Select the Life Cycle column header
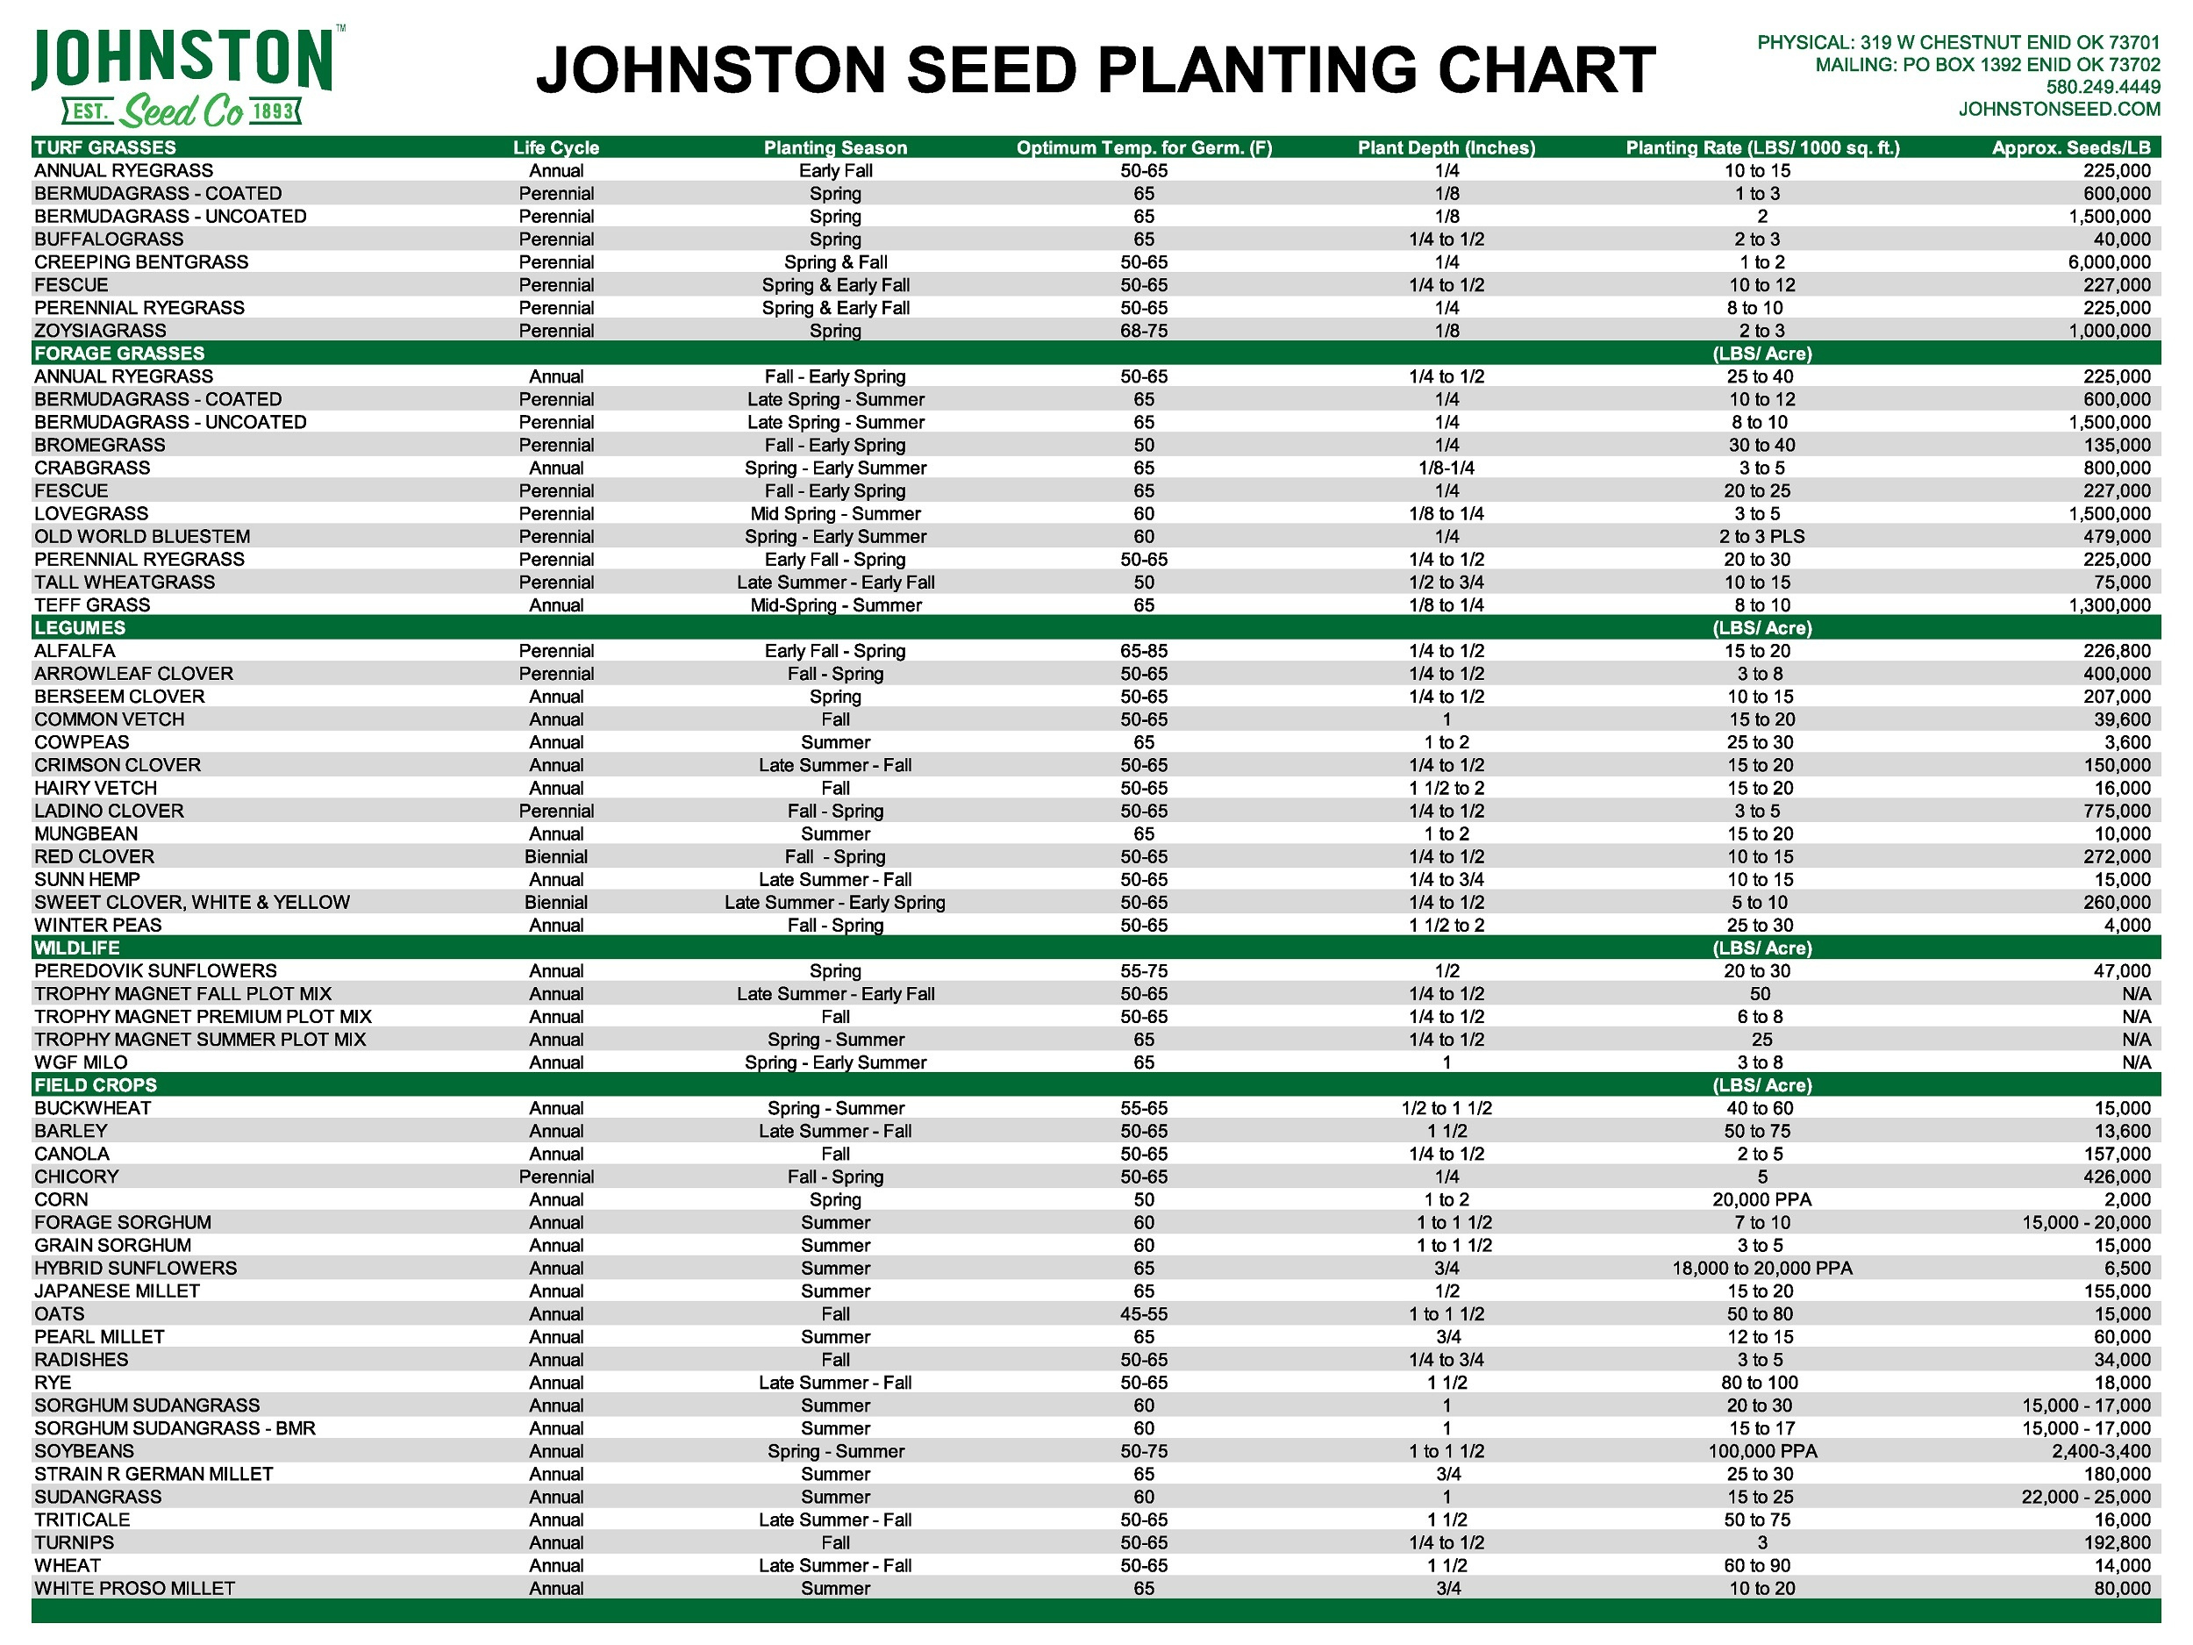(x=556, y=147)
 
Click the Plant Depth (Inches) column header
(x=1446, y=147)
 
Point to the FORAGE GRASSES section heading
(x=119, y=354)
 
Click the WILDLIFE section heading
(x=76, y=948)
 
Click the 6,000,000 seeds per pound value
(x=2109, y=261)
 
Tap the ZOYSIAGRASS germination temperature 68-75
(x=1143, y=330)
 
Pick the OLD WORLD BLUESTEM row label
(x=142, y=536)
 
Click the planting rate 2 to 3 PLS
(x=1761, y=536)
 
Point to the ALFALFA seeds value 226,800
(x=2117, y=650)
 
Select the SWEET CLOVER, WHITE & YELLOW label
(x=191, y=902)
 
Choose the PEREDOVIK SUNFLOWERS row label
(x=154, y=970)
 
